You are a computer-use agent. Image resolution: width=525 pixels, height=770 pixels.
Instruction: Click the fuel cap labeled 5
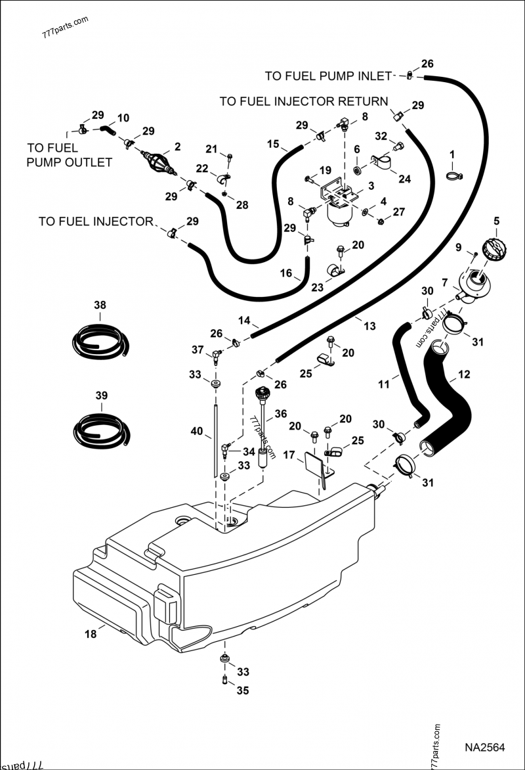(494, 252)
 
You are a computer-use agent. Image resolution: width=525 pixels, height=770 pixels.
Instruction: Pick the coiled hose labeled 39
(101, 429)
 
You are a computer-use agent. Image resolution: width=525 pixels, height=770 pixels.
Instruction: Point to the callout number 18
(91, 634)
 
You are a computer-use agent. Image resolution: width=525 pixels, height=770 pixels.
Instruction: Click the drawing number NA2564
(484, 748)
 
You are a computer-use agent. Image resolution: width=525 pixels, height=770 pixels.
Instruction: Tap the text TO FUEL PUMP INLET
(328, 76)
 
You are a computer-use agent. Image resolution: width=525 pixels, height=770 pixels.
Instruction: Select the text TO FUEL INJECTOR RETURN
(303, 101)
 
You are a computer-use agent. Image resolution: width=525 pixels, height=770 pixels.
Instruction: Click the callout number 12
(464, 375)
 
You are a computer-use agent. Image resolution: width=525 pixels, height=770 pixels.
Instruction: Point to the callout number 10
(123, 118)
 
